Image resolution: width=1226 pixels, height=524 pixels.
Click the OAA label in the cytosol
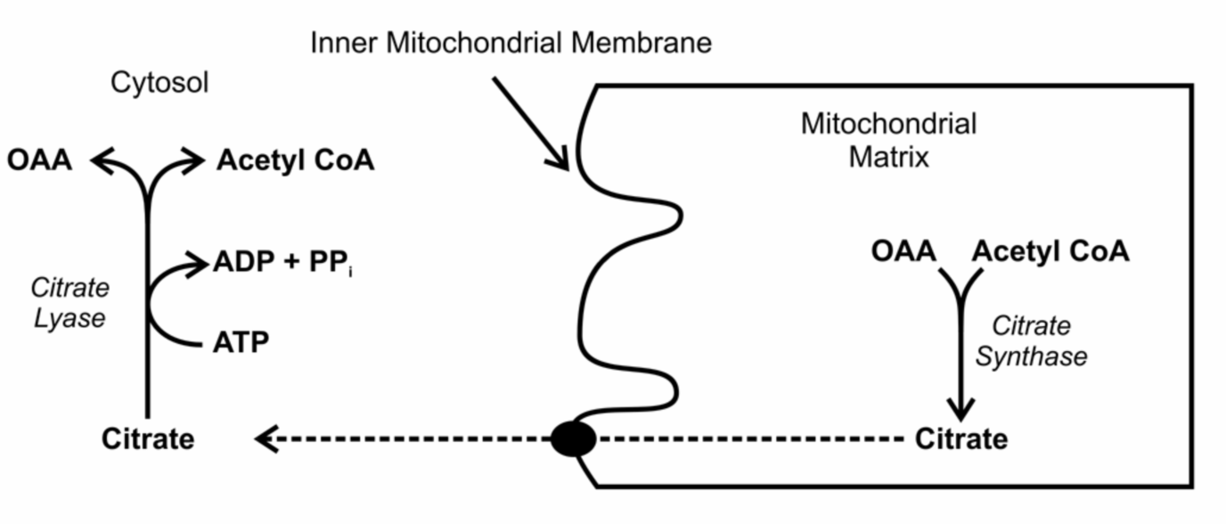point(39,161)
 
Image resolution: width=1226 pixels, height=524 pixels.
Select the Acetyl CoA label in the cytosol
point(295,161)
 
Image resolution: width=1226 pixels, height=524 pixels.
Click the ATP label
point(241,341)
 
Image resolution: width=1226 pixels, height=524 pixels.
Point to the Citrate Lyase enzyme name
point(69,303)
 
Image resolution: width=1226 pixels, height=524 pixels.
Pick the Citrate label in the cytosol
point(148,439)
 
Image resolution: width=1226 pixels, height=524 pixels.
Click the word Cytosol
point(159,83)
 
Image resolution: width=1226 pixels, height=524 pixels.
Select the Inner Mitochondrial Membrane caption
point(511,43)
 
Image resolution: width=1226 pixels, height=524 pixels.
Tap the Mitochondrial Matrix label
point(888,140)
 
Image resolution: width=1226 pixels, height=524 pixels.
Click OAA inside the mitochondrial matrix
point(903,252)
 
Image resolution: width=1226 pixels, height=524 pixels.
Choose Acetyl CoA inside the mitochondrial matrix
point(1050,252)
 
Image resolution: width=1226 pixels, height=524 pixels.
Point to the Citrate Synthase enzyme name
point(1031,341)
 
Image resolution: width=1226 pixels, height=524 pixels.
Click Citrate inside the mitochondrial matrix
point(961,439)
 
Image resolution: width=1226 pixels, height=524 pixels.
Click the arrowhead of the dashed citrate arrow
point(265,438)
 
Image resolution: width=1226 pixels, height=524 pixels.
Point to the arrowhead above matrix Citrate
point(960,409)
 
